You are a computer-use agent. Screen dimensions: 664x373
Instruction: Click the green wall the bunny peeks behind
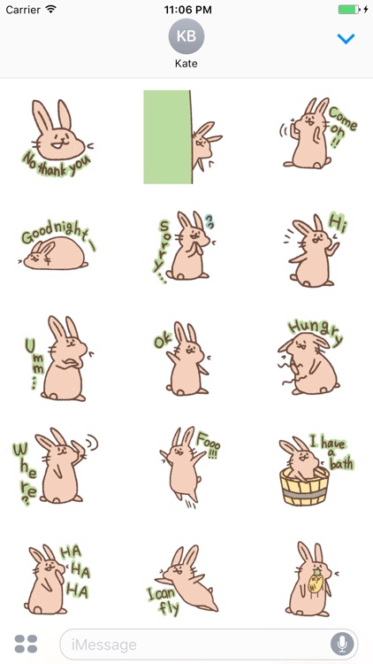click(166, 136)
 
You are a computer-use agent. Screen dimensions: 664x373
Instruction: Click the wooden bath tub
click(304, 485)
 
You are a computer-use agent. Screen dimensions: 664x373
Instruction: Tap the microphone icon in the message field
click(341, 644)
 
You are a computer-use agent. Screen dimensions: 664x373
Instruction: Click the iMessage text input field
click(194, 644)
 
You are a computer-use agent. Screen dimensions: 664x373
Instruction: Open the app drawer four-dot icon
click(26, 644)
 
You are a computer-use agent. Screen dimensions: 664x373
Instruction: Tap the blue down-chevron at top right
click(346, 39)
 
